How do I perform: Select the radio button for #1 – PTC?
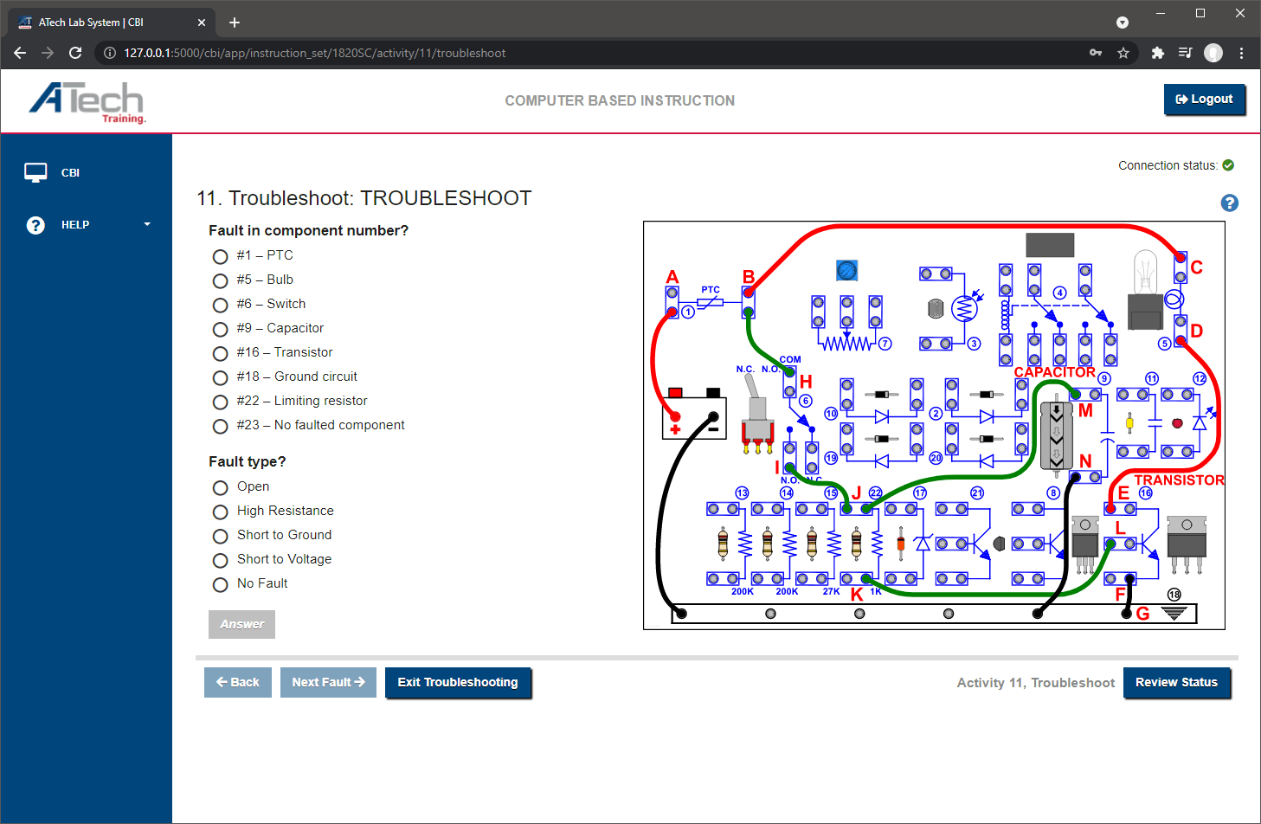221,257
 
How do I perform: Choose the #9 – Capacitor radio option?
221,330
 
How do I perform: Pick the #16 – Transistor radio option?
221,354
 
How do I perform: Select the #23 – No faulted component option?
221,427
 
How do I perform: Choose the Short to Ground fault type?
221,537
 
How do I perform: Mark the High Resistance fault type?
221,512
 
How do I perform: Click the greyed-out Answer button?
241,624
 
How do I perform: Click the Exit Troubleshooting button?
458,682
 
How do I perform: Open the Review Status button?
1176,682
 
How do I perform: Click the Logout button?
1204,100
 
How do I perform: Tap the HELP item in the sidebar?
75,225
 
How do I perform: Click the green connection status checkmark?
1228,165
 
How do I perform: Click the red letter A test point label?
672,277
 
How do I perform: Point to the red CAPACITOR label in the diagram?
1054,372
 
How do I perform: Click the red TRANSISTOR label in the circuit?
1179,480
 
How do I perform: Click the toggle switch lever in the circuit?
756,400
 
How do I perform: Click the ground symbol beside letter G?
1174,613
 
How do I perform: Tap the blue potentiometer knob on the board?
846,271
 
